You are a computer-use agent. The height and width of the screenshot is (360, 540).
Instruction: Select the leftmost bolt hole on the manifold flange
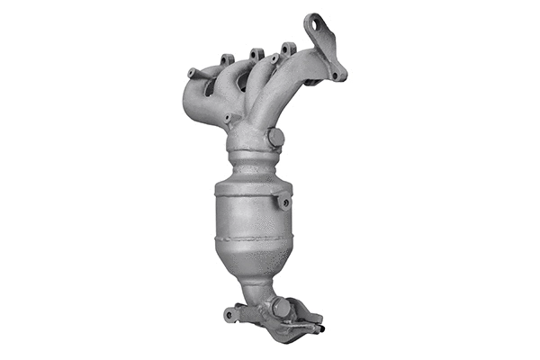click(x=192, y=72)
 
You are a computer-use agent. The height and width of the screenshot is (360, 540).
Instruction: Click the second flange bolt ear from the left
click(x=228, y=59)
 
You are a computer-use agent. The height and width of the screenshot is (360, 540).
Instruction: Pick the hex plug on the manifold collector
click(x=275, y=138)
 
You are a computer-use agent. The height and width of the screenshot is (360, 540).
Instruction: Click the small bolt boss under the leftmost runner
click(x=227, y=117)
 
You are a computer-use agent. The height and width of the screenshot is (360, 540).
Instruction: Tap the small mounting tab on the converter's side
click(x=284, y=202)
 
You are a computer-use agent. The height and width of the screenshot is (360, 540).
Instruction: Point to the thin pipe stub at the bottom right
click(x=315, y=328)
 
